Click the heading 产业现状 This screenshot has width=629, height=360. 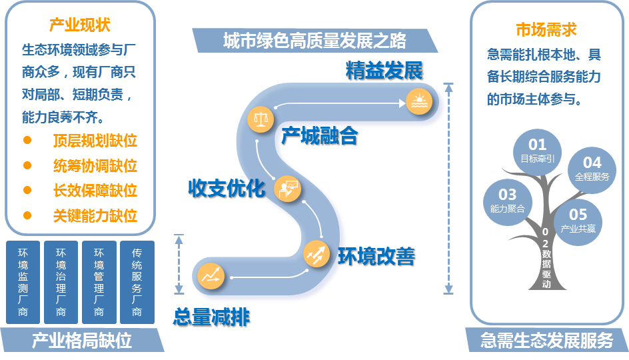pos(80,26)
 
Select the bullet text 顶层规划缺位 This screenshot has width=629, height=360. pos(95,141)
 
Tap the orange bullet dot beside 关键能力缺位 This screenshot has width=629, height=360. pos(27,215)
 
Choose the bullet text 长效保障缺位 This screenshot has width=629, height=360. pos(95,190)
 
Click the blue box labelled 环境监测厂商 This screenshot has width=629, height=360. pos(23,282)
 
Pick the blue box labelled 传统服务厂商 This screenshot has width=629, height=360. pos(137,282)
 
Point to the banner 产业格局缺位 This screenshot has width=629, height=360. pos(81,341)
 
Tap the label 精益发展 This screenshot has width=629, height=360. pos(384,71)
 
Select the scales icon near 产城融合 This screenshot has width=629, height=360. pos(261,119)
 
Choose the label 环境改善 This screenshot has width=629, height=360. pos(376,257)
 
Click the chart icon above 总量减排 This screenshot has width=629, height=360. pos(212,275)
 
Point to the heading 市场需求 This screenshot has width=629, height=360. pos(546,29)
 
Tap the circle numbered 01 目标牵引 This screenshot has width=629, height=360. pos(537,151)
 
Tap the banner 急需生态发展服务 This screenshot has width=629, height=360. pos(546,341)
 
